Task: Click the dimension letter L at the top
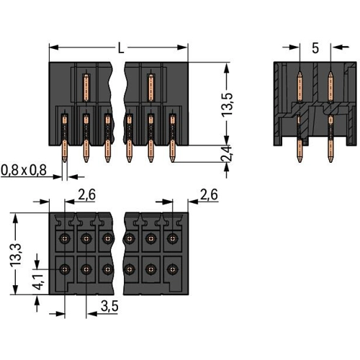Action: [121, 48]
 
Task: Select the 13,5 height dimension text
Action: [227, 104]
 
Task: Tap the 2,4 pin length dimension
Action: [227, 153]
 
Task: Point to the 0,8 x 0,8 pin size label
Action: [24, 170]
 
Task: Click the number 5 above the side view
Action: [315, 48]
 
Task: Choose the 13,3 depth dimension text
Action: [15, 254]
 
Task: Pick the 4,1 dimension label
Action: [38, 282]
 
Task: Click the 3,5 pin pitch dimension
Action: [109, 306]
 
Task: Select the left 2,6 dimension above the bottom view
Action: [87, 194]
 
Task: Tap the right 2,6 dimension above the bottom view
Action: [210, 194]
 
